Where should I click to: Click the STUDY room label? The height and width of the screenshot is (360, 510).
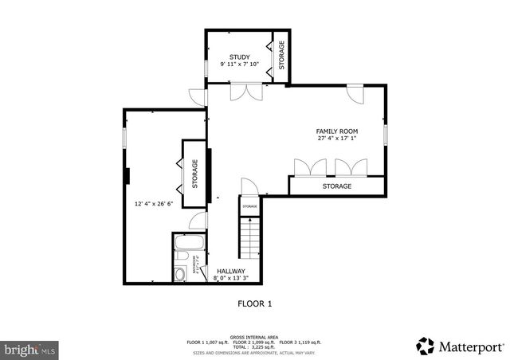point(240,57)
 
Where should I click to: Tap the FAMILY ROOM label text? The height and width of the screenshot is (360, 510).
point(336,131)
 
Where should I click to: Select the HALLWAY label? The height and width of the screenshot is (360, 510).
point(231,272)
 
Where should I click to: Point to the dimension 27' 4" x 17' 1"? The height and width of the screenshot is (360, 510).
point(336,139)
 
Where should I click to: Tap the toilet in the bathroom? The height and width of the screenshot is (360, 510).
point(180,274)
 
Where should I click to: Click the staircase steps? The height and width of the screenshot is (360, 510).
point(251,239)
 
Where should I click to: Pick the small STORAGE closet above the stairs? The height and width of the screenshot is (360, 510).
point(250,206)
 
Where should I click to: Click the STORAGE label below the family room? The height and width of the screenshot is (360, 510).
point(336,186)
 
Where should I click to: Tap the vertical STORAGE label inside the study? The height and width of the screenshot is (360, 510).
point(281,54)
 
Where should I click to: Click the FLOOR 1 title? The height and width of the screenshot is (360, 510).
point(255,303)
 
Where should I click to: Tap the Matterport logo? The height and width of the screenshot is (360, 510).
point(460,346)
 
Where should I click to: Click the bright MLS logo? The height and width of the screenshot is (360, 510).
point(29,349)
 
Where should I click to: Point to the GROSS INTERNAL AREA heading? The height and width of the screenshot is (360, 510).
point(254,337)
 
